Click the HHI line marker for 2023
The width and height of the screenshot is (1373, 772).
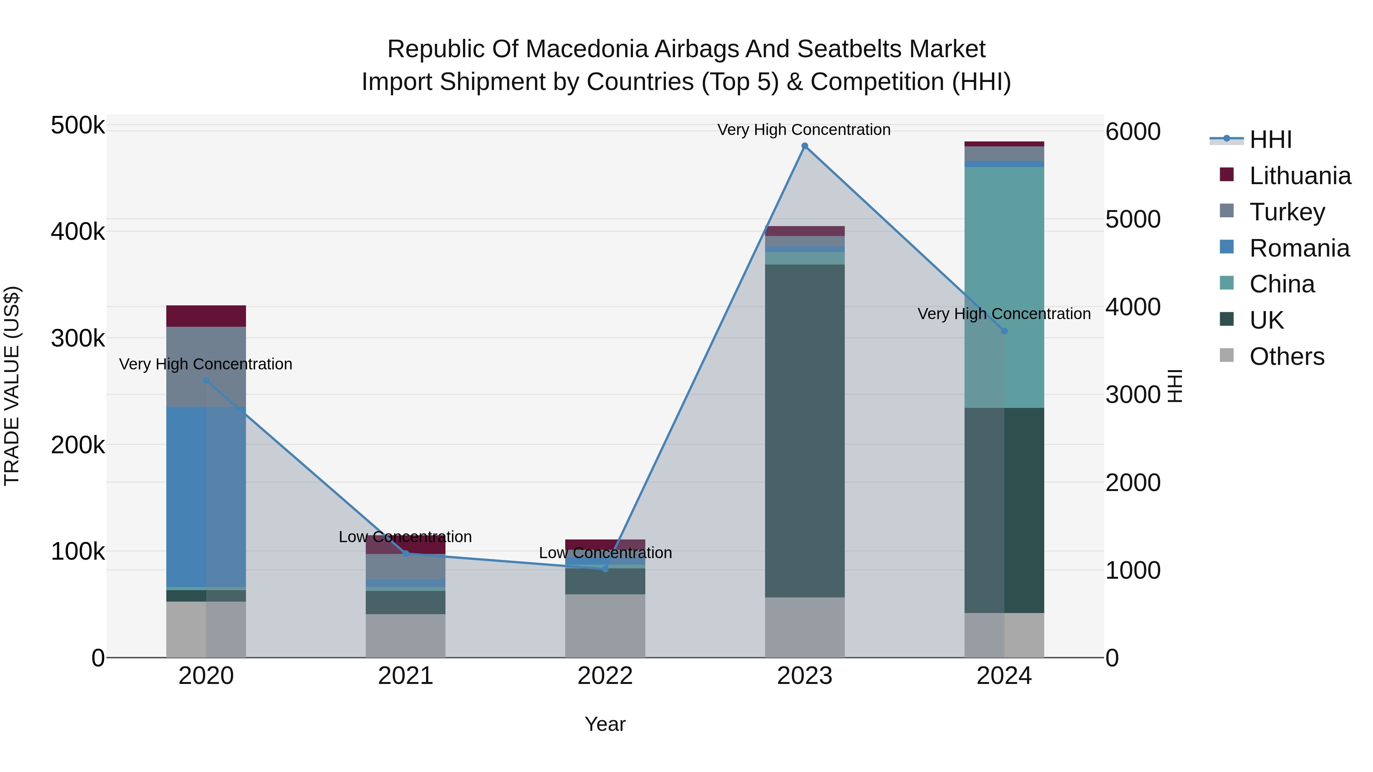pyautogui.click(x=804, y=146)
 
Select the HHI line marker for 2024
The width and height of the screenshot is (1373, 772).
pyautogui.click(x=1004, y=331)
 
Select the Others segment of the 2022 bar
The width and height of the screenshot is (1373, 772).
pyautogui.click(x=605, y=626)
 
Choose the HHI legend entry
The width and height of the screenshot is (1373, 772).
pyautogui.click(x=1270, y=140)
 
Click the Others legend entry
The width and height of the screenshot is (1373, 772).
pyautogui.click(x=1286, y=356)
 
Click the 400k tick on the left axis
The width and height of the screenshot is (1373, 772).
pyautogui.click(x=78, y=232)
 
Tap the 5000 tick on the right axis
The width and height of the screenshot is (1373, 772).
pyautogui.click(x=1133, y=219)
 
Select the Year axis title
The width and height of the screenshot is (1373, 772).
pyautogui.click(x=605, y=724)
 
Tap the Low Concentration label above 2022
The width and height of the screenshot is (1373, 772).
pyautogui.click(x=605, y=552)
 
